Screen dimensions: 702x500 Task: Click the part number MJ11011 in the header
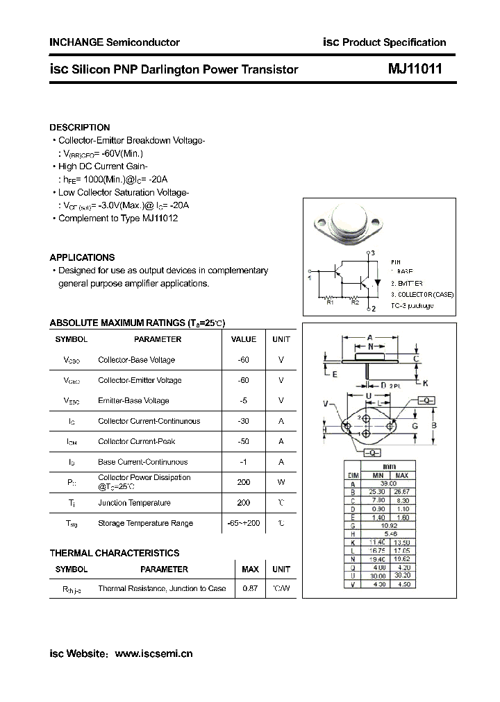pyautogui.click(x=414, y=69)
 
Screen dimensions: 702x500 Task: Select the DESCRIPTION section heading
pyautogui.click(x=80, y=128)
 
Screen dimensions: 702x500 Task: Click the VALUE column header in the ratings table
pyautogui.click(x=243, y=339)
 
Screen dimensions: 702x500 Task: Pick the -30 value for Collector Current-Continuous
pyautogui.click(x=243, y=421)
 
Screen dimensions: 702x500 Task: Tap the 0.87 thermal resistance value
pyautogui.click(x=249, y=588)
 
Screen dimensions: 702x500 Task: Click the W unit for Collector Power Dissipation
pyautogui.click(x=281, y=482)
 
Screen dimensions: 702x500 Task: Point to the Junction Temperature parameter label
pyautogui.click(x=134, y=503)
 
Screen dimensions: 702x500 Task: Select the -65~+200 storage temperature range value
pyautogui.click(x=243, y=523)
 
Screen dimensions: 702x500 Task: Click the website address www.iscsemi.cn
pyautogui.click(x=153, y=653)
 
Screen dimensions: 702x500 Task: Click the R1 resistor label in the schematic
pyautogui.click(x=330, y=302)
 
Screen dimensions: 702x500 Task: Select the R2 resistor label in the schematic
pyautogui.click(x=354, y=302)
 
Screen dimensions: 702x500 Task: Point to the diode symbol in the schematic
pyautogui.click(x=377, y=282)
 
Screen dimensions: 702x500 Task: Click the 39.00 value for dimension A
pyautogui.click(x=388, y=484)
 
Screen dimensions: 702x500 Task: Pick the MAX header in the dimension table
pyautogui.click(x=401, y=476)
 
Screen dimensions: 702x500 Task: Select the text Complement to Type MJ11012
pyautogui.click(x=118, y=218)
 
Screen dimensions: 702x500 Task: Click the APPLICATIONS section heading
pyautogui.click(x=83, y=257)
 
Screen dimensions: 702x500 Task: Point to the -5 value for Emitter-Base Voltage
pyautogui.click(x=243, y=400)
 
